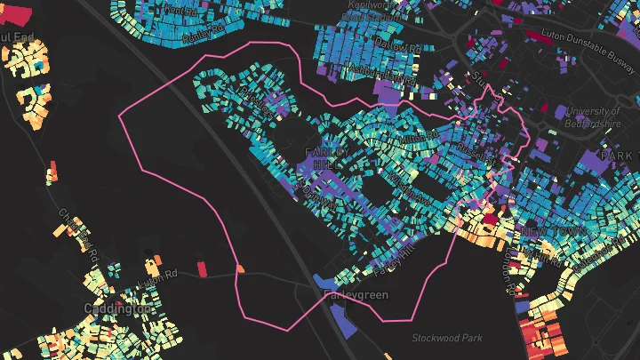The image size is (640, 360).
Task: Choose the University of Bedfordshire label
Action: click(x=592, y=117)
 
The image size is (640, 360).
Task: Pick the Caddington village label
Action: click(x=118, y=308)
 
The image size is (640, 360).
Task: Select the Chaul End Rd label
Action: click(x=75, y=228)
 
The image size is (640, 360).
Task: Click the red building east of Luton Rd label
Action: click(x=201, y=268)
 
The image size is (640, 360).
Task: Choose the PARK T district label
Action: click(x=619, y=156)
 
